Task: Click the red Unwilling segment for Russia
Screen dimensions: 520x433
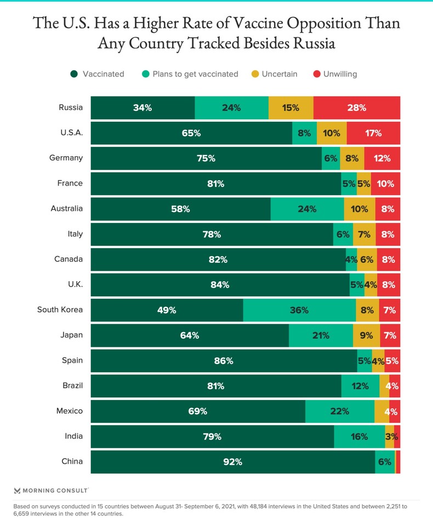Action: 356,108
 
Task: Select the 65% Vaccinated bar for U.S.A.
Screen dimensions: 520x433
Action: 191,133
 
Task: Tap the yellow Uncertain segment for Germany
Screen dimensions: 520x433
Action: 352,158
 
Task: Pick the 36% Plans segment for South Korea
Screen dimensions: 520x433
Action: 299,310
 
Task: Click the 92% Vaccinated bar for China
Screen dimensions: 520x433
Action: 232,462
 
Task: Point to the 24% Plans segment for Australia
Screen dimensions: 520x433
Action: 307,209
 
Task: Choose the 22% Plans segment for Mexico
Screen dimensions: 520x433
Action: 339,411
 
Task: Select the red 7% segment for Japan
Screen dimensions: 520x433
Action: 390,335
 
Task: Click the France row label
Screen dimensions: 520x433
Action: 70,183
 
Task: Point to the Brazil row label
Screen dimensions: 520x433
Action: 72,386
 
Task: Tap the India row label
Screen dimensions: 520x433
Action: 73,436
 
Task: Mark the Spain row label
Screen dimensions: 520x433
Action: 72,360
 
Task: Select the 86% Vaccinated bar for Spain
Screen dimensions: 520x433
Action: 224,361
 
